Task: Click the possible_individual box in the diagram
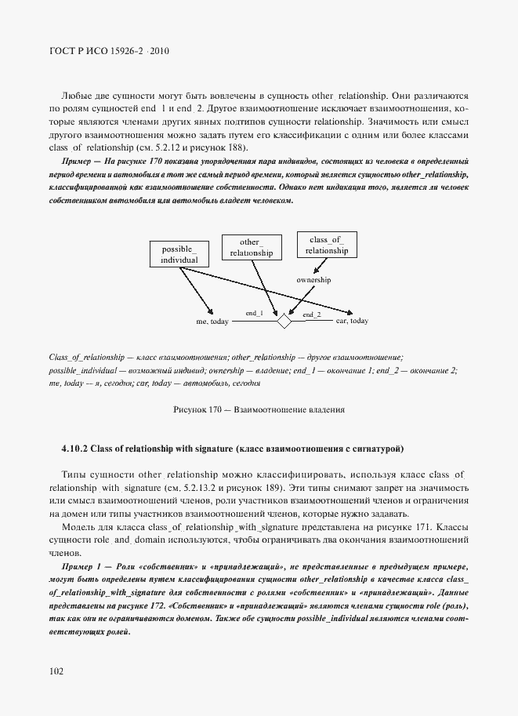(x=179, y=254)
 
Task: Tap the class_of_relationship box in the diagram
(x=327, y=245)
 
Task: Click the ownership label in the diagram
(x=313, y=280)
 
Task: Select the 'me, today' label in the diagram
(x=212, y=322)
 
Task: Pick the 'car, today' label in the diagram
(x=352, y=321)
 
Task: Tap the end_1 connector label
(x=254, y=314)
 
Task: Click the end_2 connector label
(x=311, y=314)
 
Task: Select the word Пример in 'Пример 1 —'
(x=76, y=566)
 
